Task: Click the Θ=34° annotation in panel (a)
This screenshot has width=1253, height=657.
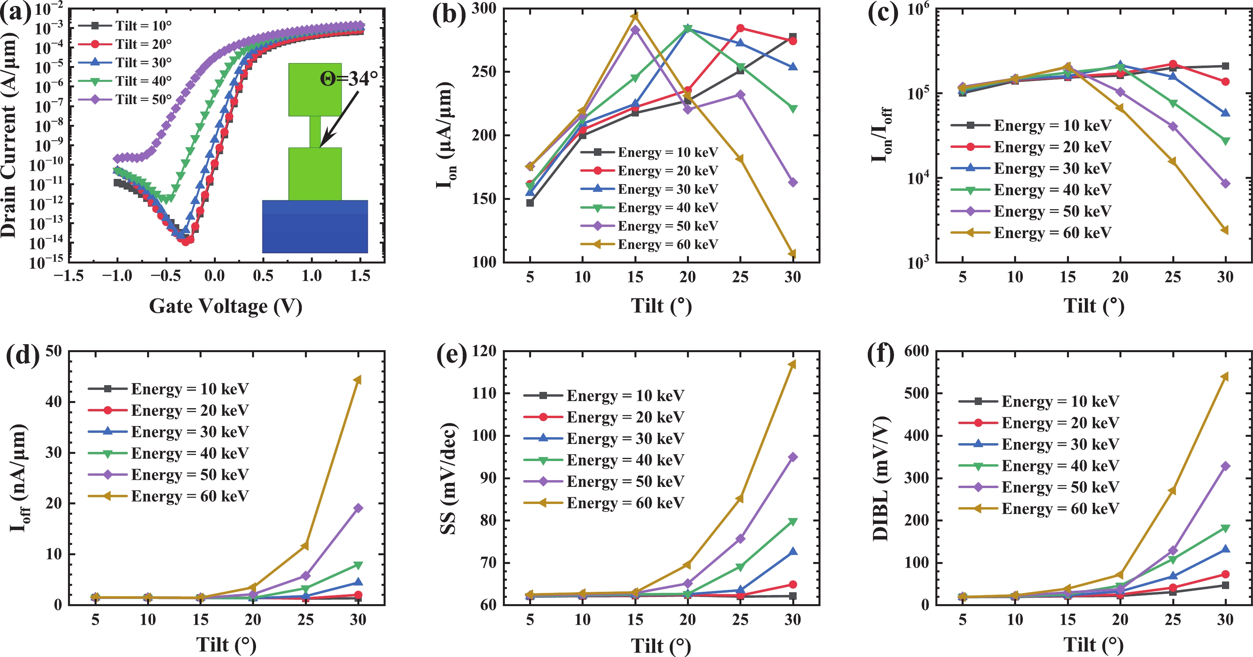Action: point(348,78)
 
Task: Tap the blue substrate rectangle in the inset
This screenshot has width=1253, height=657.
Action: point(315,227)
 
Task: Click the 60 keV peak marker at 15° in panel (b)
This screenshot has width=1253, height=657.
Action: point(635,17)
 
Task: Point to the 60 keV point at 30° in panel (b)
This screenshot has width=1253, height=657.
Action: point(792,254)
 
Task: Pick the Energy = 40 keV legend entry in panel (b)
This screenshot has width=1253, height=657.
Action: point(650,207)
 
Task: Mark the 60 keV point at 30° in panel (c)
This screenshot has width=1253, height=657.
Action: point(1225,230)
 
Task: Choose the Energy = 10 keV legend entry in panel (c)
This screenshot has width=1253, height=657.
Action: point(1031,126)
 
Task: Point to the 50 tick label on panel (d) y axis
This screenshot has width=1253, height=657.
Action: point(54,351)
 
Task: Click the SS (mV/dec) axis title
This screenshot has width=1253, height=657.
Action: point(448,479)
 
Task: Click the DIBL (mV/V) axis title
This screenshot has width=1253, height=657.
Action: point(881,479)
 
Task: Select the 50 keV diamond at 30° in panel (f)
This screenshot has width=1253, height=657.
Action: point(1225,466)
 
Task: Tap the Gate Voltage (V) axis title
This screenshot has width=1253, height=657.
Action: point(226,306)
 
